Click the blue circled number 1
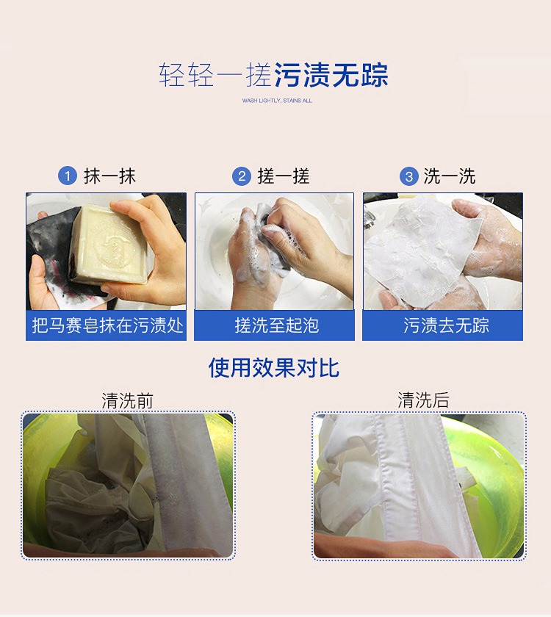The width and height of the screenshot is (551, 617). click(x=67, y=176)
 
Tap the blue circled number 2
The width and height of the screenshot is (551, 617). click(x=242, y=176)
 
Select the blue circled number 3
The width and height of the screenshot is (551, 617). click(x=408, y=176)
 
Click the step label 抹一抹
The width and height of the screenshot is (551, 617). click(x=109, y=176)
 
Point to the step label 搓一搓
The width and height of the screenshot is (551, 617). click(x=284, y=176)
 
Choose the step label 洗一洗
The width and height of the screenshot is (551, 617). click(x=450, y=176)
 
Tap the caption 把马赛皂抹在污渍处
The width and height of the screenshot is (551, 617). click(x=107, y=326)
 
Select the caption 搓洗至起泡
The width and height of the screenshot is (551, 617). click(x=277, y=326)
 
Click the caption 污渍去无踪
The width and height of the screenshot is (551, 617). click(x=446, y=326)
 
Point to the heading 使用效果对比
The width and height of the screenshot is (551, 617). click(x=274, y=368)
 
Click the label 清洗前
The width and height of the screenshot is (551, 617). click(x=127, y=400)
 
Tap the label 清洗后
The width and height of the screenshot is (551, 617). click(x=423, y=400)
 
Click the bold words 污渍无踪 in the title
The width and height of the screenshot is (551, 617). click(x=331, y=75)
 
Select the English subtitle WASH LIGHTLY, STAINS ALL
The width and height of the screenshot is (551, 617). click(x=277, y=101)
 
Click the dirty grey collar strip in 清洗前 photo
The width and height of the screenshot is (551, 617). click(x=189, y=485)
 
